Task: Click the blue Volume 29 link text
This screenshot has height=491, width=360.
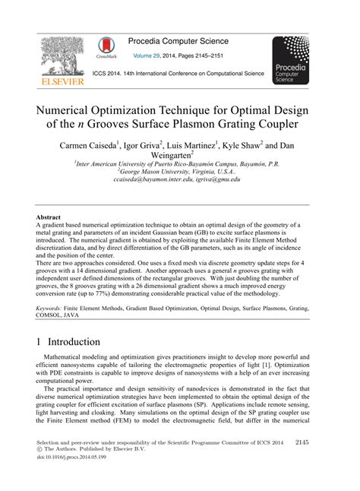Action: [x=152, y=55]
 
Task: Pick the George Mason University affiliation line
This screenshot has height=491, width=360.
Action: [x=178, y=173]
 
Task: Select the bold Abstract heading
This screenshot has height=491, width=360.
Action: [x=49, y=216]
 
